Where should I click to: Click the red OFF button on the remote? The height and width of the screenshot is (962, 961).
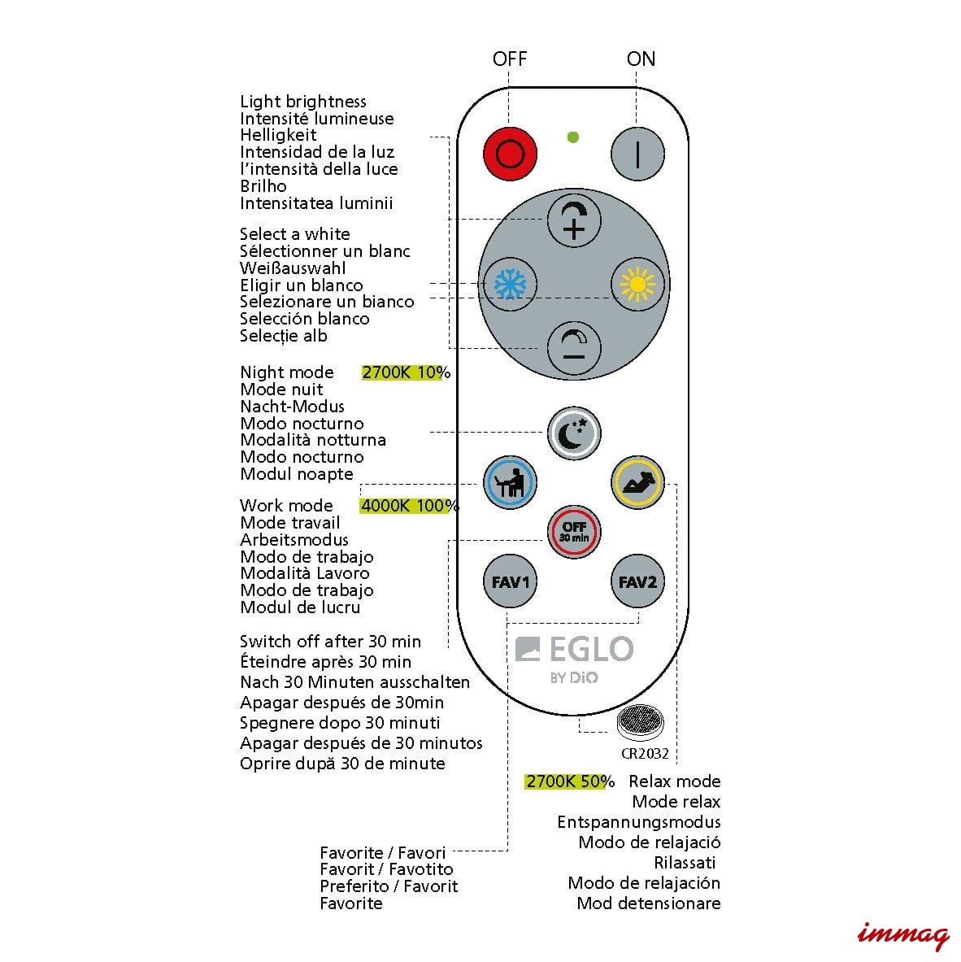click(510, 153)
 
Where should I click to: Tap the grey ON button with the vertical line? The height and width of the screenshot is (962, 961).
click(637, 153)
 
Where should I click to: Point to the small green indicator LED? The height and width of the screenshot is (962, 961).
click(573, 137)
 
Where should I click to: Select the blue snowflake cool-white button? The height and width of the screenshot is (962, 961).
click(510, 285)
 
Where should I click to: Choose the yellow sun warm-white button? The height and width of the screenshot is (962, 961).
click(637, 285)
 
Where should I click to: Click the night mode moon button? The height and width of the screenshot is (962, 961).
click(574, 433)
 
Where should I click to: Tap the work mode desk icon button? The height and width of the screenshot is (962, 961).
click(510, 482)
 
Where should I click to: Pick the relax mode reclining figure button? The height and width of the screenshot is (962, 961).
click(637, 482)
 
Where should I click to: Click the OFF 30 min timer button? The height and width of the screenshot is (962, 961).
click(574, 532)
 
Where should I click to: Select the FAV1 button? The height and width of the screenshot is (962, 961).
click(510, 582)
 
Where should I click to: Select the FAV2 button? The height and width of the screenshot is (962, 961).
click(637, 582)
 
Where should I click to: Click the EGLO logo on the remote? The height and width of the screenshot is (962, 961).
click(575, 650)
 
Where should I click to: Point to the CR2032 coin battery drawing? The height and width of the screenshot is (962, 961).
click(640, 721)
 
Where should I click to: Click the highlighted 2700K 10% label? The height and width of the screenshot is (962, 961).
click(406, 372)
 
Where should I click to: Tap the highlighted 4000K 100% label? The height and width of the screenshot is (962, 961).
click(410, 506)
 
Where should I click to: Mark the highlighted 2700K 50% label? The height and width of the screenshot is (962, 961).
click(569, 781)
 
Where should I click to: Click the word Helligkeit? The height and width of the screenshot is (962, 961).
click(278, 135)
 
